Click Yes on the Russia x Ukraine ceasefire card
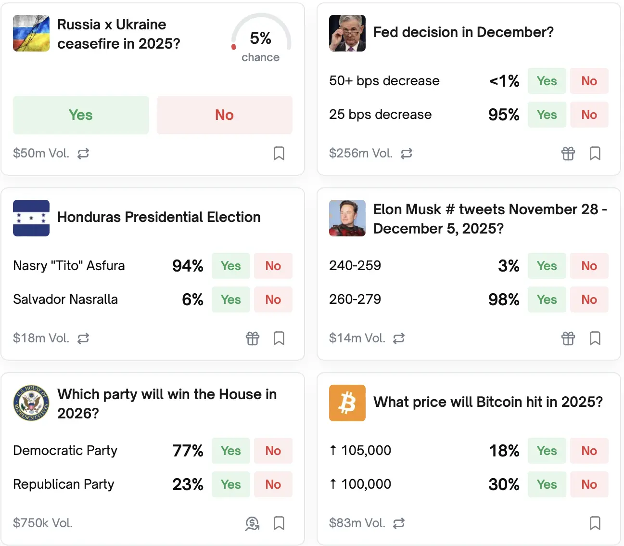(81, 115)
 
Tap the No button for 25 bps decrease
(589, 115)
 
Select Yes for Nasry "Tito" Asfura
(230, 266)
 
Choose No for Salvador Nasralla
(273, 299)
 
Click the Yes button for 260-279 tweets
(547, 299)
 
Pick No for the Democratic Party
(273, 451)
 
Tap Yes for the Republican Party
(230, 484)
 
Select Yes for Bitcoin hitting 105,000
(547, 451)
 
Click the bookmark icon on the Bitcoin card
(595, 523)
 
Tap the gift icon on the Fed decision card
(568, 154)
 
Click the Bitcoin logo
(347, 403)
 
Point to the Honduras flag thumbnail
(31, 218)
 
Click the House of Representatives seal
(31, 403)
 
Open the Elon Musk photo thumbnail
(347, 218)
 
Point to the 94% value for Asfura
(188, 266)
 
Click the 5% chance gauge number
(260, 38)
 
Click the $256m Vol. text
(360, 154)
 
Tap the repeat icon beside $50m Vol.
(83, 154)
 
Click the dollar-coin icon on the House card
(252, 523)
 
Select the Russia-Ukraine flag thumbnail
(31, 33)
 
